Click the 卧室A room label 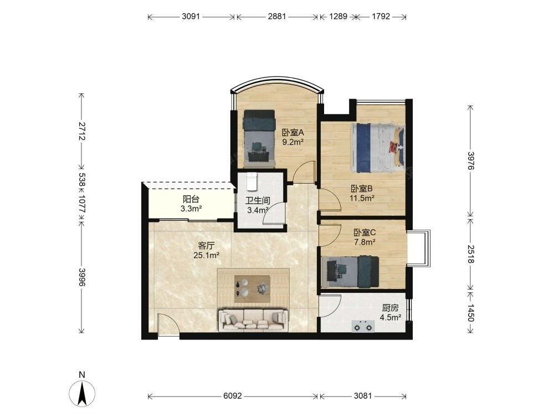[293, 133]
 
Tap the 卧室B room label [361, 189]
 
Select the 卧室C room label [365, 232]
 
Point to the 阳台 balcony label [191, 199]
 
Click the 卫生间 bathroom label [258, 201]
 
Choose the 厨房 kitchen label [390, 308]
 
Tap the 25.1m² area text [207, 255]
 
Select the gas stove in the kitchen [363, 326]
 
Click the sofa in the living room [253, 321]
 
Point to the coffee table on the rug [252, 288]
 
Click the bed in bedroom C [350, 272]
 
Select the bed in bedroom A [259, 138]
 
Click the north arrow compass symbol [82, 394]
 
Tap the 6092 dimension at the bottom [233, 396]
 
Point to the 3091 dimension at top [191, 16]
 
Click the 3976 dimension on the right [470, 161]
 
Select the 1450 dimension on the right [470, 313]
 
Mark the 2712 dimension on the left [81, 131]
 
